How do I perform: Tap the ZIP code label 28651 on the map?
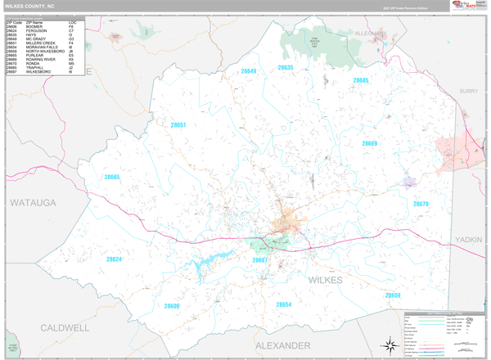tap(178, 125)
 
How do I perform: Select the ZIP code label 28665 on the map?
tap(111, 177)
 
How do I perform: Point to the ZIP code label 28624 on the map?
tap(114, 259)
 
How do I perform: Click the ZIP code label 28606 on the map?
tap(172, 305)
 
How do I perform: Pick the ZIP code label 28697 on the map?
tap(259, 260)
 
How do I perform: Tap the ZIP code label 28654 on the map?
tap(283, 304)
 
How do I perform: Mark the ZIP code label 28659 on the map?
tap(393, 295)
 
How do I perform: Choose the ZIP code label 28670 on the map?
tap(421, 204)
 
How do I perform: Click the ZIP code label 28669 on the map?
tap(370, 143)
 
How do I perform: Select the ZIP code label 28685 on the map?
tap(360, 80)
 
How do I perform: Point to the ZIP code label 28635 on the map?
tap(285, 67)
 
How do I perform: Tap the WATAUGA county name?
tap(33, 201)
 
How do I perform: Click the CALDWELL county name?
tap(65, 327)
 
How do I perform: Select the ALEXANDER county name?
tap(282, 345)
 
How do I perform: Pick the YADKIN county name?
tap(469, 240)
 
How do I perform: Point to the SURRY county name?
tap(469, 92)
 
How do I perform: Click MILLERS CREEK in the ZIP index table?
tap(41, 43)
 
